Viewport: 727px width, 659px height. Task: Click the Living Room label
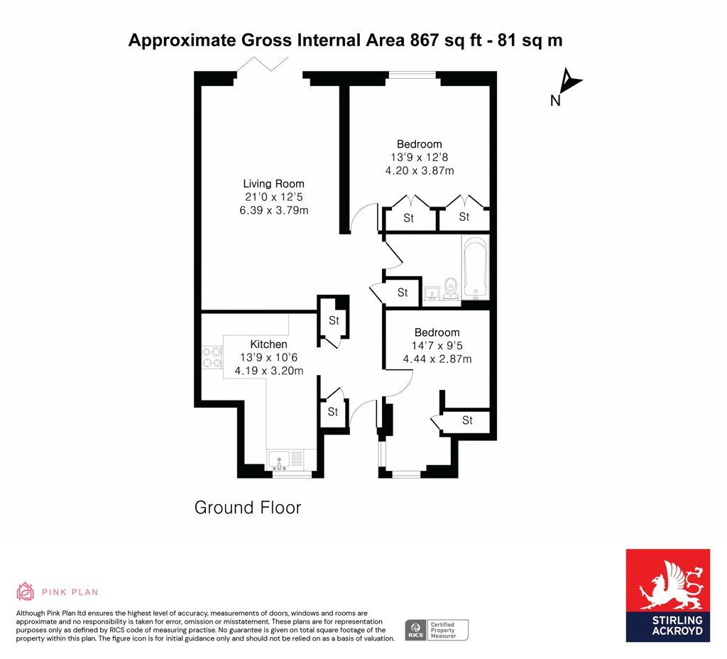point(273,184)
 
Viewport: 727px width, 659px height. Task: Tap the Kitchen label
point(268,344)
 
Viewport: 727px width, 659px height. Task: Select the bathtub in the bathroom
point(475,268)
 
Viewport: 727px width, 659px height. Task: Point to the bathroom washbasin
point(432,293)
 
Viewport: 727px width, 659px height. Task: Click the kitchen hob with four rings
point(212,358)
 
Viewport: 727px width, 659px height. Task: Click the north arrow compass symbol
point(570,80)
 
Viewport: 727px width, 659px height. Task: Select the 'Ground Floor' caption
point(248,507)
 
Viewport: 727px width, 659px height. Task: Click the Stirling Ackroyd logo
point(667,596)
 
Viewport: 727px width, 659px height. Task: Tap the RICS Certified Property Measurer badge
point(437,631)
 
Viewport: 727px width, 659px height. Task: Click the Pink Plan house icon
point(25,592)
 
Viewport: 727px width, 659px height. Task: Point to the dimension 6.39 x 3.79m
point(273,210)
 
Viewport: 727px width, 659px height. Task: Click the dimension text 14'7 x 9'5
point(437,346)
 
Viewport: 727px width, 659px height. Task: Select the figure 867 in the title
point(424,40)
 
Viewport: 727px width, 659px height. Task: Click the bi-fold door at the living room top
point(263,64)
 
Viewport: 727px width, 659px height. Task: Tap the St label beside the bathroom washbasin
point(403,292)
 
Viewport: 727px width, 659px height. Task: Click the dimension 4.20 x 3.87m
point(420,170)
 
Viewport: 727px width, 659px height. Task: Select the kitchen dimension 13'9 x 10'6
point(268,358)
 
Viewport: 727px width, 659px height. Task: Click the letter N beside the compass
point(555,101)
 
